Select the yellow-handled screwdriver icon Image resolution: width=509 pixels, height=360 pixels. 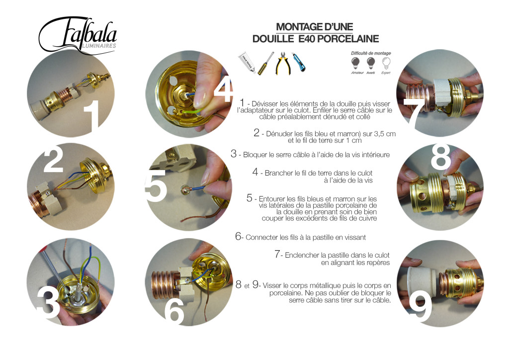pos(266,63)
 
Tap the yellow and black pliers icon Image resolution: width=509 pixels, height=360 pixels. pos(283,63)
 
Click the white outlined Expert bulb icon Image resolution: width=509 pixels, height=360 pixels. pos(386,63)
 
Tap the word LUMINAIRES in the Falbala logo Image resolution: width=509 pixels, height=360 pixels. pos(99,46)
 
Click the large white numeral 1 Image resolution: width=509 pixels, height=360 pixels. pos(93,116)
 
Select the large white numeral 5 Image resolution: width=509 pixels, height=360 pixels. pos(156,185)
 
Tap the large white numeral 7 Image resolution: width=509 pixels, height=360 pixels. pos(414,112)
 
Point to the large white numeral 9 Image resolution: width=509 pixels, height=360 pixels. pos(420,306)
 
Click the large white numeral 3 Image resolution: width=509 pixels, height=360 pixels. pos(49,303)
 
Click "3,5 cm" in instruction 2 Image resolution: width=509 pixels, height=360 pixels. pos(385,134)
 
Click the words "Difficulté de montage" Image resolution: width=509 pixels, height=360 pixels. pos(371,53)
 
